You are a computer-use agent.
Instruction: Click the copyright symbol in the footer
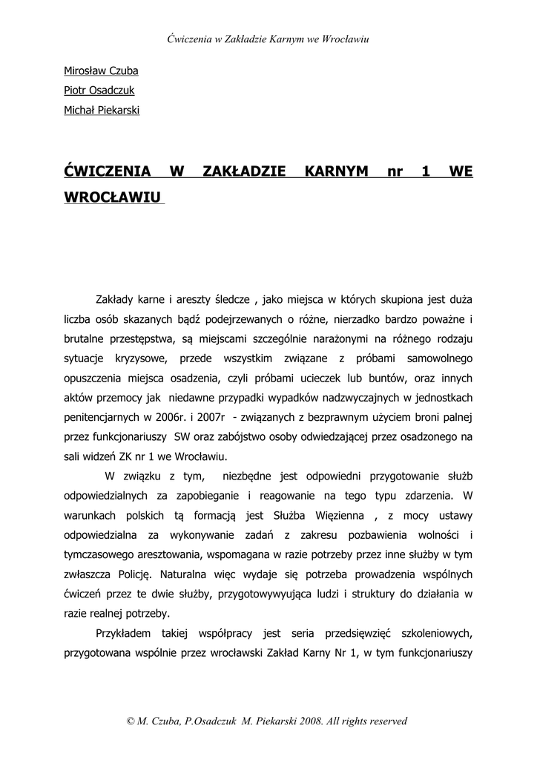pyautogui.click(x=131, y=721)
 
